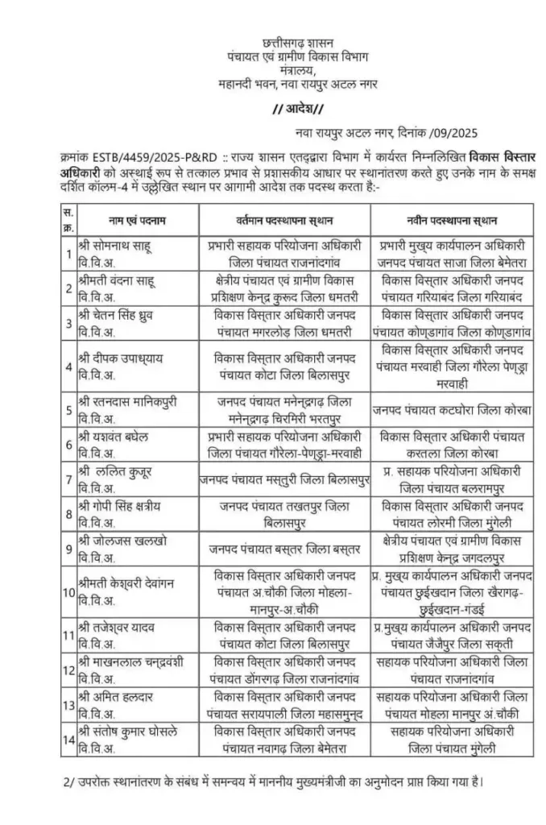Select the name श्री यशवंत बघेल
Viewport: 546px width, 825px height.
coord(119,437)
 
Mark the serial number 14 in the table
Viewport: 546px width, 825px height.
coord(68,740)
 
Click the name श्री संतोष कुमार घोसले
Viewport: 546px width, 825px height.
coord(134,732)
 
